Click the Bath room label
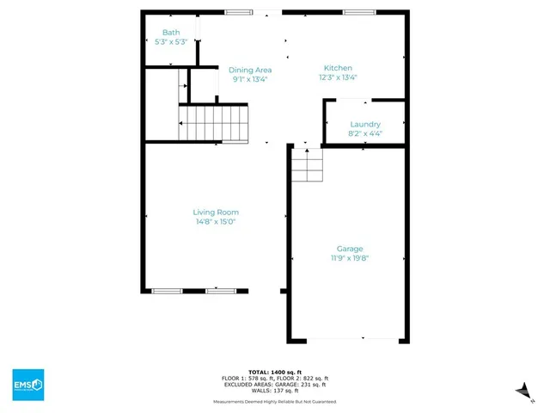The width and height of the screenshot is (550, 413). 171,33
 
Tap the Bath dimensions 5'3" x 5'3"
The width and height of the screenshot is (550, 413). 171,41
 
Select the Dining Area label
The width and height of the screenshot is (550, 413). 250,70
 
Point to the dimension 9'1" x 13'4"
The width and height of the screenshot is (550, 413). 250,78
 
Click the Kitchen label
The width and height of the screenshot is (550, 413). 338,68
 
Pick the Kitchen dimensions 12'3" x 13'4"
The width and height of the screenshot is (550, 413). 338,77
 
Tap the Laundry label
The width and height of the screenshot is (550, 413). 365,124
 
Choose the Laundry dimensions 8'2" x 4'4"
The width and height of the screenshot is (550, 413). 365,133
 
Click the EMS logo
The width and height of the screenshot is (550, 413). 28,384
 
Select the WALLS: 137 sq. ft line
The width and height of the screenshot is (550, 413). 275,391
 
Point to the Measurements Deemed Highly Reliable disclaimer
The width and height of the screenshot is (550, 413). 275,402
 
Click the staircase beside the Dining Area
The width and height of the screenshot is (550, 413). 214,122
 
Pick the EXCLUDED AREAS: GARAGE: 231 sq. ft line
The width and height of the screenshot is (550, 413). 275,385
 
